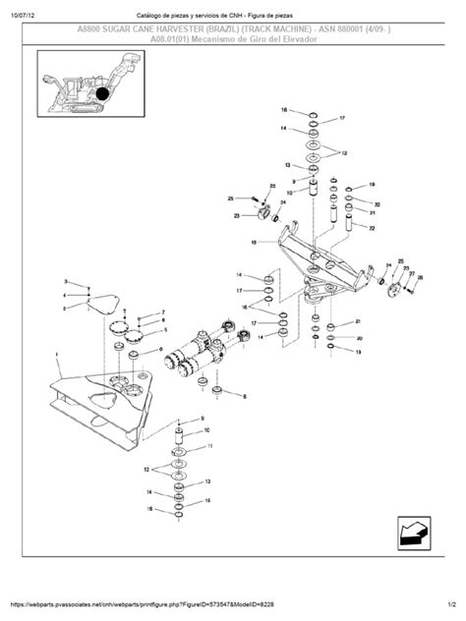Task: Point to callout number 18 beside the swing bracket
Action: click(254, 241)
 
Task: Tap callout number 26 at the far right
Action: click(420, 278)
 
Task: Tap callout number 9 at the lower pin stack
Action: click(204, 420)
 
